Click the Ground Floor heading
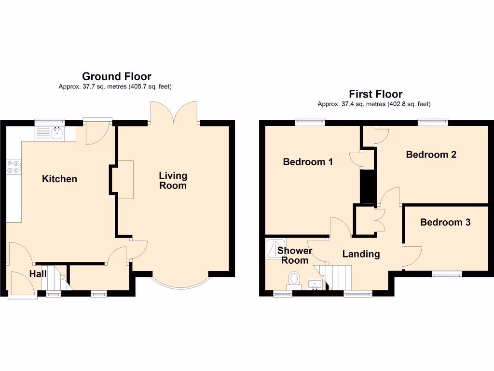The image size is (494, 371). (x=116, y=76)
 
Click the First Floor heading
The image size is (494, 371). (x=375, y=94)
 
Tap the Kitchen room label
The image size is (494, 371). (x=59, y=179)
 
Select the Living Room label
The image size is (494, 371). (x=173, y=180)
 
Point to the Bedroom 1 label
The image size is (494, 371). (x=308, y=162)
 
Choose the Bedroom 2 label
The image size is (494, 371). (x=431, y=155)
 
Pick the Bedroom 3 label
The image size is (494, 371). (x=445, y=222)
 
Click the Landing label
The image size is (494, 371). (x=361, y=254)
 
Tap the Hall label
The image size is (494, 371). (x=38, y=274)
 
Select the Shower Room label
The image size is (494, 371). (x=294, y=256)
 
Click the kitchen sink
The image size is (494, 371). (x=57, y=132)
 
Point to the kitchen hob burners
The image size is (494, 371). (x=14, y=167)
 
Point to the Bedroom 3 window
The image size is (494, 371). (x=446, y=274)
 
